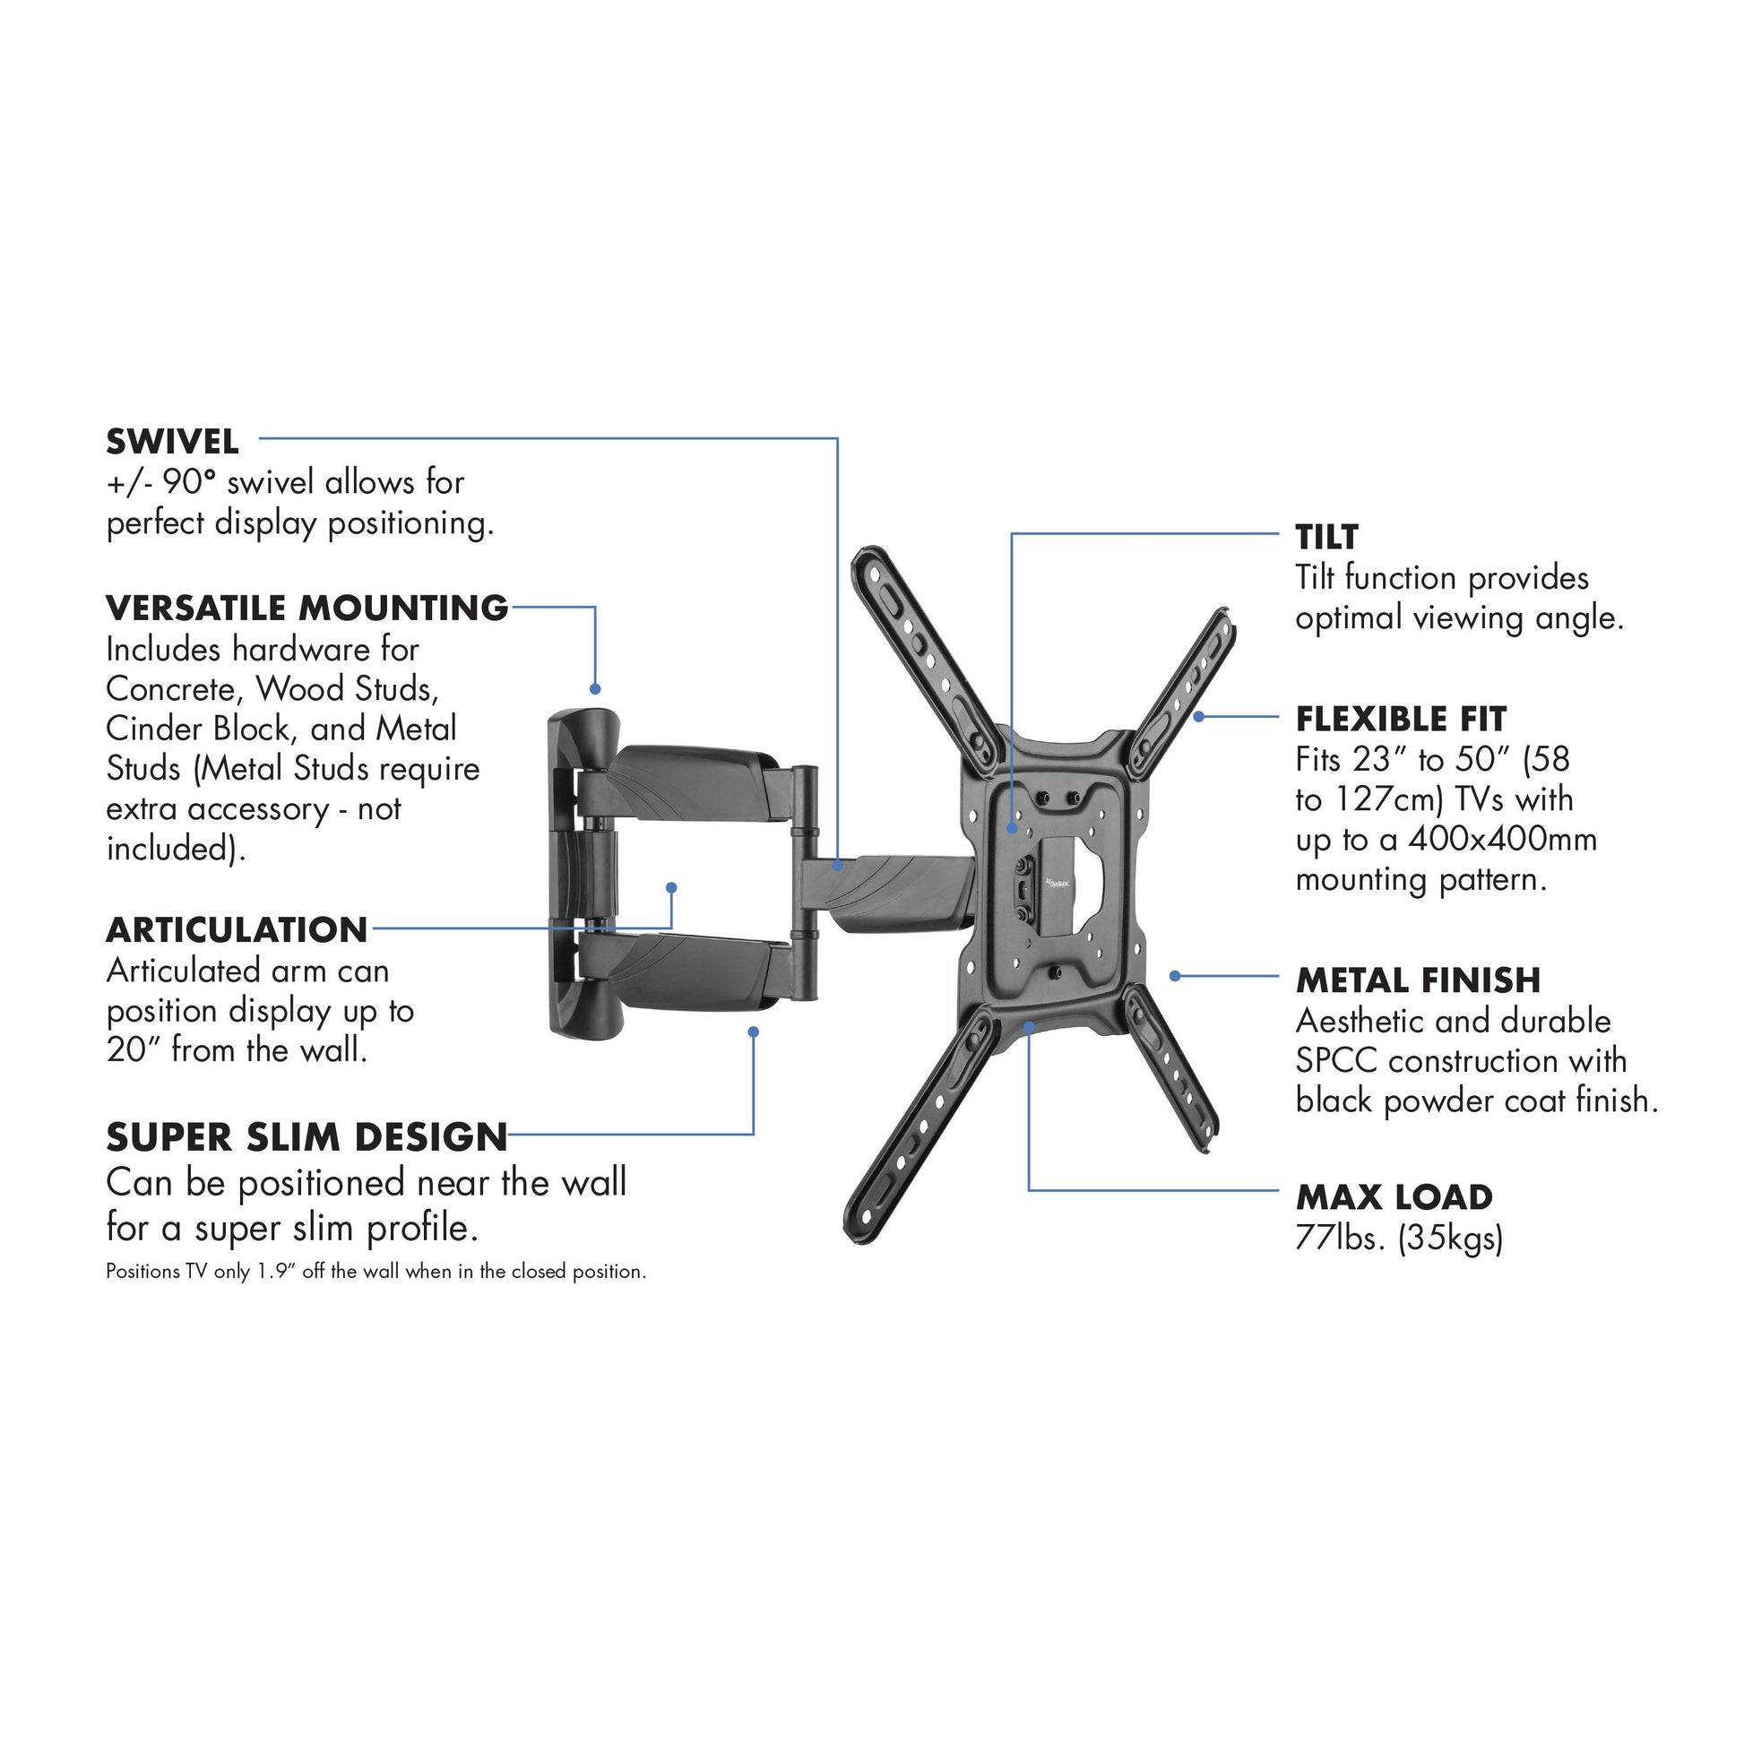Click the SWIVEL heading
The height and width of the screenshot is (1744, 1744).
click(x=172, y=443)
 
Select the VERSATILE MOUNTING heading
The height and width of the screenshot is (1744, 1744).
click(x=306, y=609)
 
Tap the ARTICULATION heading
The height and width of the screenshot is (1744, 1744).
click(x=237, y=929)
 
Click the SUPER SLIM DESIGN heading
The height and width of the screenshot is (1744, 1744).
click(x=306, y=1137)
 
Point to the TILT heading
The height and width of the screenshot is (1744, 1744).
click(x=1326, y=537)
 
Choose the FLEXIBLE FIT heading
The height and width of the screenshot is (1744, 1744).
click(x=1401, y=720)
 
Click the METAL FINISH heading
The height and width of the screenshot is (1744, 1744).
click(x=1418, y=980)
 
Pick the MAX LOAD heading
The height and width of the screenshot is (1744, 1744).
click(x=1394, y=1198)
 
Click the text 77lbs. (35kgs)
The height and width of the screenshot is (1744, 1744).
click(x=1399, y=1239)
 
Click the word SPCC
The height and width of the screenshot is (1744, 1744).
click(x=1337, y=1062)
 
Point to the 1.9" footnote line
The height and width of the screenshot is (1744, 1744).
click(x=376, y=1272)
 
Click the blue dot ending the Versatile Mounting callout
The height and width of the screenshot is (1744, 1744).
click(x=595, y=689)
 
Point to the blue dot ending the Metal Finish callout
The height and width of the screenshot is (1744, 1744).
click(x=1174, y=976)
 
